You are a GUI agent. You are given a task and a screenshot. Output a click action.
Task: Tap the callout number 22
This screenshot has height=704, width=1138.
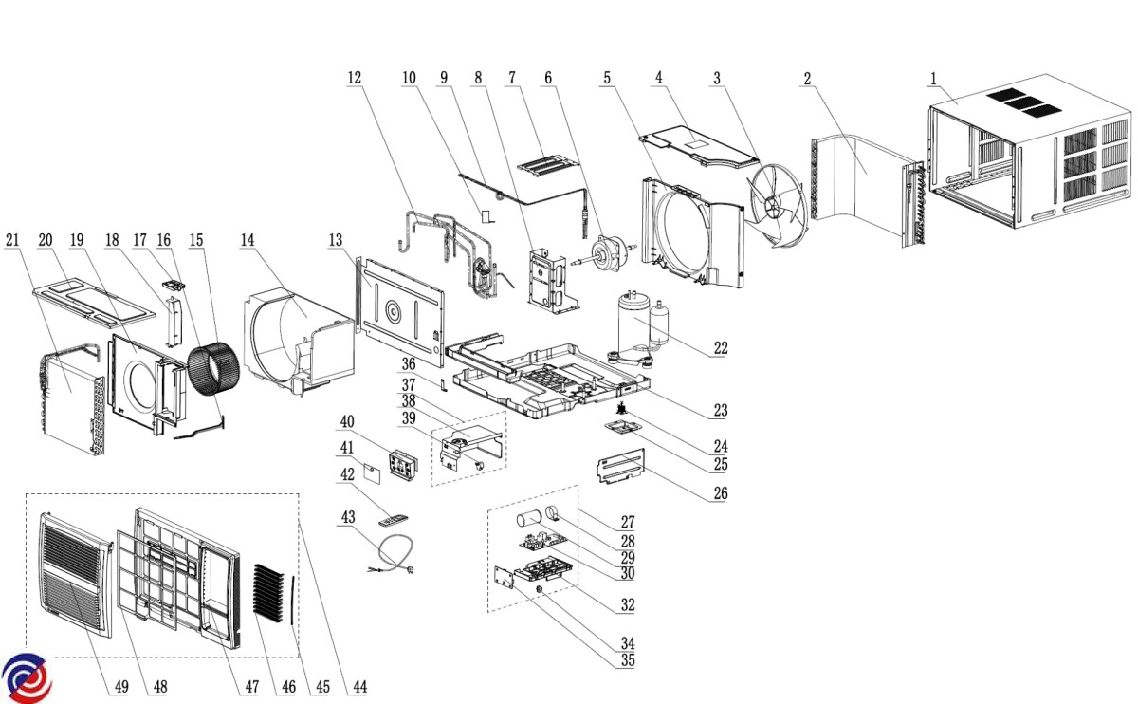pos(721,348)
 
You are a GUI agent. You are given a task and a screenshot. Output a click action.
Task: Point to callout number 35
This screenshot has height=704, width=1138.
pos(627,660)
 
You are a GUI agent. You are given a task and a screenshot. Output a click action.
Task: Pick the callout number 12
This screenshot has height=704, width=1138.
pos(354,79)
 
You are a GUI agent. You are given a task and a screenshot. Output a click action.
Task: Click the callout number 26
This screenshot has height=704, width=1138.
pos(721,493)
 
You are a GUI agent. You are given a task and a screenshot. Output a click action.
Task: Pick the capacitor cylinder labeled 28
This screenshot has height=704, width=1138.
pos(529,521)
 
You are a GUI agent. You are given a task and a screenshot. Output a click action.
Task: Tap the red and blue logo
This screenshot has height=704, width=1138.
pos(26,678)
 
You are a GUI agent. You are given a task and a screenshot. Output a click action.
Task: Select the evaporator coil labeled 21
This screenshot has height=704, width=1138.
pos(71,398)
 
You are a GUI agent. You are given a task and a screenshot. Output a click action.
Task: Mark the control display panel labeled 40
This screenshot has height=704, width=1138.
pos(402,465)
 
